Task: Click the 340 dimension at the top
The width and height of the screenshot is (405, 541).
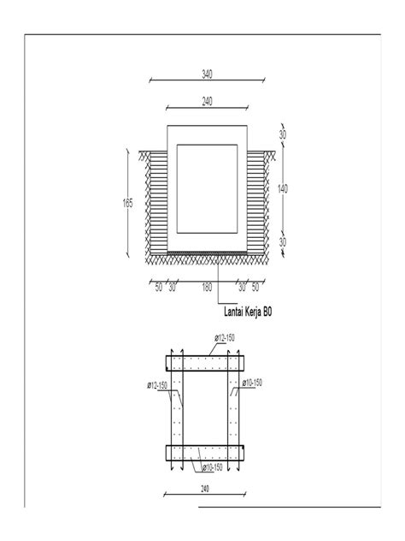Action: click(x=207, y=74)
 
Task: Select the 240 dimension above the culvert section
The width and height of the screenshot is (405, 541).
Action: click(x=207, y=101)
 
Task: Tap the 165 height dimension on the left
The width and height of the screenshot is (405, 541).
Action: click(x=128, y=203)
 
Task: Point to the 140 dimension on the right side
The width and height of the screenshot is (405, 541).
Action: click(x=283, y=188)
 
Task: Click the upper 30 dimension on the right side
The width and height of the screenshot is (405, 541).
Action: click(x=283, y=134)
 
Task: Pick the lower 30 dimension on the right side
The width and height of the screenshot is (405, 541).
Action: click(x=283, y=243)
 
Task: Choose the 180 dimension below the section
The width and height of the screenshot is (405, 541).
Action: click(x=207, y=288)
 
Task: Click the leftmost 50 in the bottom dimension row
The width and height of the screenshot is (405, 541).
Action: click(x=159, y=288)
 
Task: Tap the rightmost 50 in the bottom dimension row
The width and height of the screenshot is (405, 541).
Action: click(x=255, y=288)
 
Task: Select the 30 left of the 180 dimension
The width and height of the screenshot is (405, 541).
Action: click(x=173, y=288)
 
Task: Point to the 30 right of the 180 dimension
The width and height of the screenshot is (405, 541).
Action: click(x=242, y=288)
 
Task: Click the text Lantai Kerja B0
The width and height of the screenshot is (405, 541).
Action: click(x=247, y=314)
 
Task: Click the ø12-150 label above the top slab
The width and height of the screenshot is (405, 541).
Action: click(x=226, y=339)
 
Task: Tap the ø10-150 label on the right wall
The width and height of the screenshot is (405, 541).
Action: click(x=252, y=382)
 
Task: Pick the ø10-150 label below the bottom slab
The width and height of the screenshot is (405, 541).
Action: click(x=213, y=467)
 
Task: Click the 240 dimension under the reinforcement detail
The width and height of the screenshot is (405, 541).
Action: click(x=207, y=490)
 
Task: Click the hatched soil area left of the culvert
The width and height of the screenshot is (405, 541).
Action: click(x=157, y=203)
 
